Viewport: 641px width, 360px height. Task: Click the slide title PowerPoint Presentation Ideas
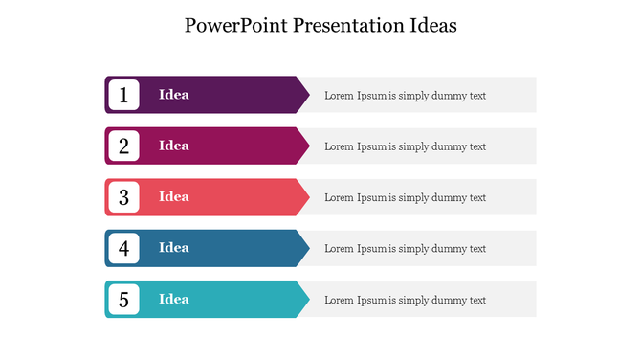coord(320,25)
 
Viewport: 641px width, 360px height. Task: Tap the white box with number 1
coord(123,95)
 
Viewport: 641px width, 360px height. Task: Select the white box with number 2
coord(123,146)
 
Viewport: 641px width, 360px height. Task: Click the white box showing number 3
coord(123,197)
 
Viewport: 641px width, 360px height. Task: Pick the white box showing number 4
coord(123,248)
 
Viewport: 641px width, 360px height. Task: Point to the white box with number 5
coord(123,299)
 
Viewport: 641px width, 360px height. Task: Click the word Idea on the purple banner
coord(174,95)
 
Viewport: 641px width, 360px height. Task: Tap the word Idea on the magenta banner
coord(174,146)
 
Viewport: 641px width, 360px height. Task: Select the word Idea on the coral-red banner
coord(174,196)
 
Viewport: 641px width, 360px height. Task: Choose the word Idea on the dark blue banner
coord(174,248)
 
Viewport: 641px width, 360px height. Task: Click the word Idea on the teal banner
coord(174,299)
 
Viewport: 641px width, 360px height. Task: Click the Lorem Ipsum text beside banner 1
coord(405,96)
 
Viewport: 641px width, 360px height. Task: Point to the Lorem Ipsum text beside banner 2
coord(405,146)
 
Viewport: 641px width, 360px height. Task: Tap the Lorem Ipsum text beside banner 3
coord(405,197)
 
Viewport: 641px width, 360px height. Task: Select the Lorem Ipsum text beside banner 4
coord(405,249)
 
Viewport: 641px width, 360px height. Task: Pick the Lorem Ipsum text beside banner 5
coord(405,300)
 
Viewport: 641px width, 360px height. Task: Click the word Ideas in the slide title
coord(431,25)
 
